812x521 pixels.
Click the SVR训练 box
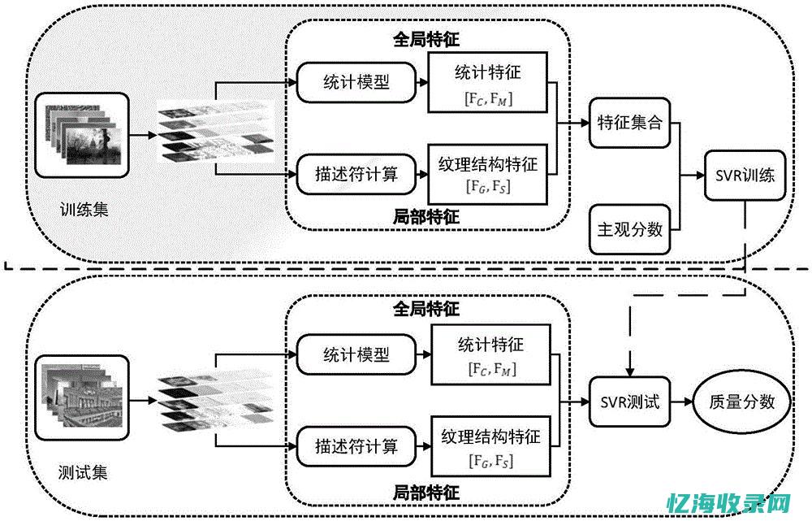[x=745, y=175]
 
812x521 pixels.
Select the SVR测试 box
[x=630, y=402]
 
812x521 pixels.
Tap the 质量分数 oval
[x=741, y=402]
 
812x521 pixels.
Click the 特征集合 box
[x=629, y=124]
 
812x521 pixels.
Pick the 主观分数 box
[x=629, y=229]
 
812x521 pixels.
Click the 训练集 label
[x=84, y=210]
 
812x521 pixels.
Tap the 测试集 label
[x=83, y=472]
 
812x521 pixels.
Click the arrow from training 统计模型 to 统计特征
[x=422, y=82]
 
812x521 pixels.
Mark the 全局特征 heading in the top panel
[x=425, y=38]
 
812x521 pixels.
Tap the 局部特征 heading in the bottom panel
[x=425, y=493]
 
